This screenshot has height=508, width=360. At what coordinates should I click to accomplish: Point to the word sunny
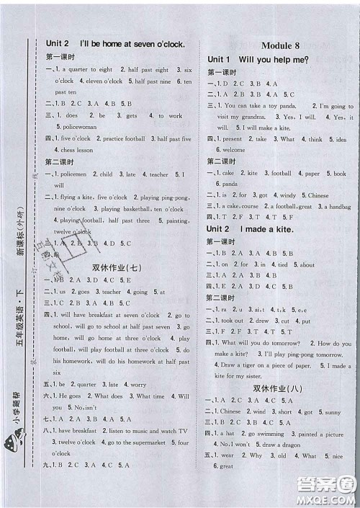pyautogui.click(x=332, y=412)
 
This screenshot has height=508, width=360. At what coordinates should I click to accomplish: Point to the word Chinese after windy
pyautogui.click(x=318, y=195)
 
